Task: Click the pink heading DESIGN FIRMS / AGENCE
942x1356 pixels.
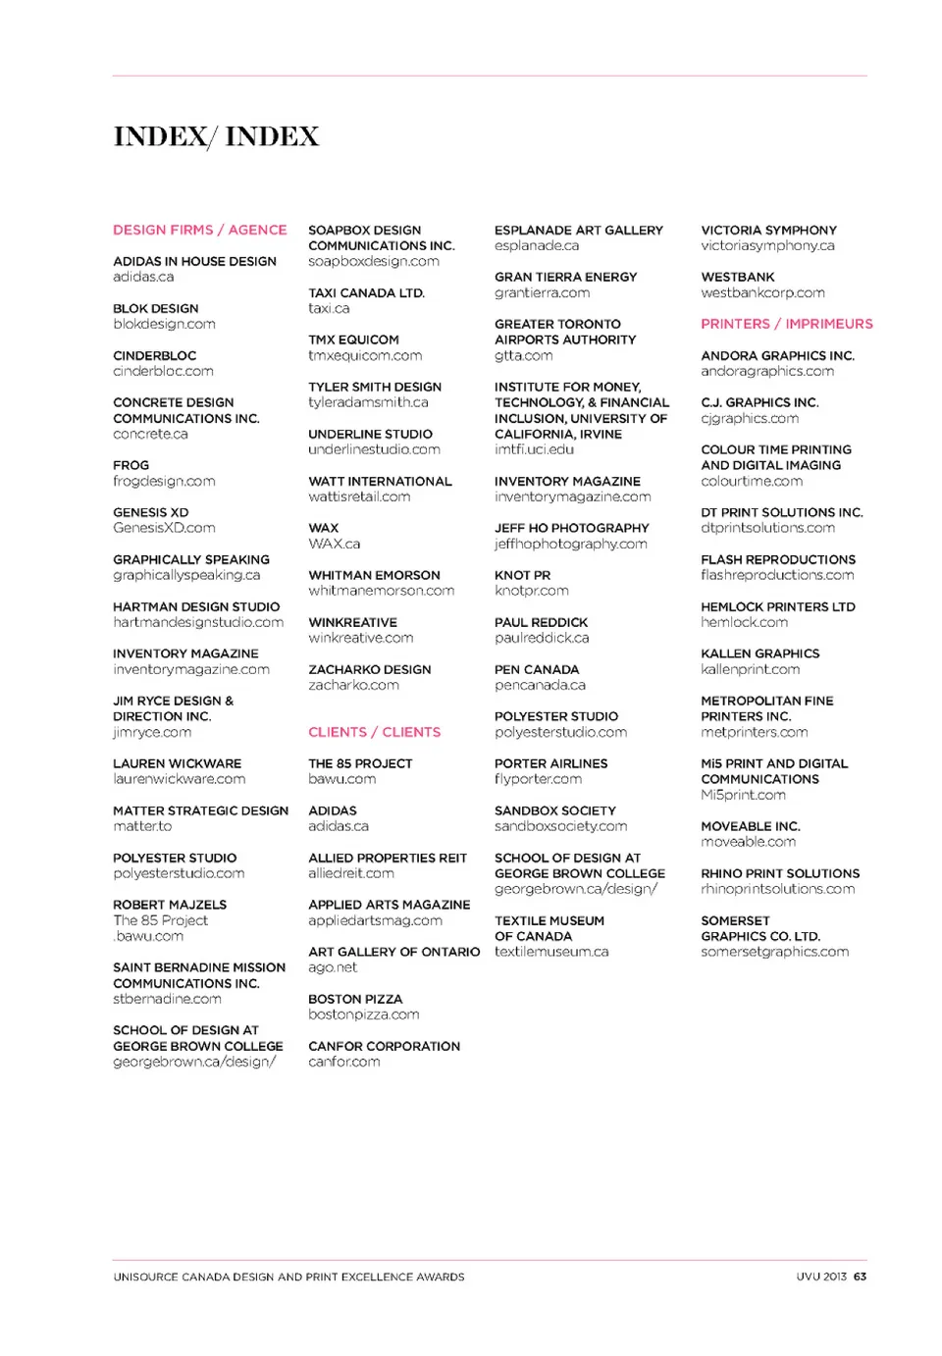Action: pos(200,230)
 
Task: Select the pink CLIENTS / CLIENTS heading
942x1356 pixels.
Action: pos(374,732)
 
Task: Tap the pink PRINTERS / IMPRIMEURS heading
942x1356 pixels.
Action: pos(786,324)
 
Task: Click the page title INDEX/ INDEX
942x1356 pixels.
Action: pos(216,136)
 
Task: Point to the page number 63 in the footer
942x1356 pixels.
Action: pos(860,1277)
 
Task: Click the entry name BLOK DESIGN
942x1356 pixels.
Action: pos(155,308)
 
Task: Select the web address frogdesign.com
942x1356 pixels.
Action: pos(164,481)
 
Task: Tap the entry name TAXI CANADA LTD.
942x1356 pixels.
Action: pos(366,292)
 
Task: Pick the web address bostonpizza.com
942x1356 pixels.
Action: pos(363,1015)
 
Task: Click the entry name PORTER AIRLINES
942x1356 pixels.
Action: pos(550,763)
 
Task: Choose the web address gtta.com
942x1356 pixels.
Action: pos(523,355)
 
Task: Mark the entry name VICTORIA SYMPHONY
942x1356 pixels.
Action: pos(768,230)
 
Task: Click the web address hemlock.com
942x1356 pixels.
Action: pos(744,622)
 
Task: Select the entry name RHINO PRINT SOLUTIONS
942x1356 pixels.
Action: pos(780,873)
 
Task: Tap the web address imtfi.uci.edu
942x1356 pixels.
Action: pos(534,449)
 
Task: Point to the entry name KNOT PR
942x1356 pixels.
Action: pos(522,575)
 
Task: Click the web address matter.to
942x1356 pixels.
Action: pos(142,826)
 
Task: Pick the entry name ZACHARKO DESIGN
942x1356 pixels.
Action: pos(369,669)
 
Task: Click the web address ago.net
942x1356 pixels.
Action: pos(333,967)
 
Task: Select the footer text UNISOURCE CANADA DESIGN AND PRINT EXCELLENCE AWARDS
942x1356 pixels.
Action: pos(288,1277)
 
